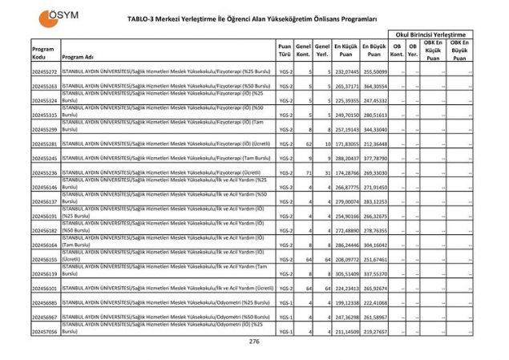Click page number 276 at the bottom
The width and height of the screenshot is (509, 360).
[x=254, y=342]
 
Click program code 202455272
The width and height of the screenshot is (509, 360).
[x=44, y=73]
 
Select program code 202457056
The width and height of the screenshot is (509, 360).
[x=44, y=330]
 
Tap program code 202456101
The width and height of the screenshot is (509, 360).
[x=44, y=288]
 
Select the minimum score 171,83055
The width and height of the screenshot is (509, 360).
[x=346, y=144]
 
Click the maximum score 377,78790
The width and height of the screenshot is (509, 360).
[x=374, y=159]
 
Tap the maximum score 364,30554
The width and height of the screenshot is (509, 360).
[x=374, y=87]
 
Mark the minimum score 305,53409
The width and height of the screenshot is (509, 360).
[x=346, y=273]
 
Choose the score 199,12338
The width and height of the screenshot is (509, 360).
[x=346, y=302]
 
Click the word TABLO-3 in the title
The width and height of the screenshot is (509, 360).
[x=145, y=18]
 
